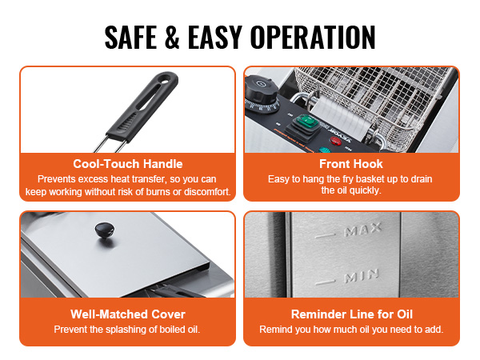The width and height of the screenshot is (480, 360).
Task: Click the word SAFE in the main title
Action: coord(131,37)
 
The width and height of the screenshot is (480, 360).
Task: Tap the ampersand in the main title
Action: coord(172,37)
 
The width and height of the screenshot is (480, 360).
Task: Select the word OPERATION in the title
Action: coord(313,37)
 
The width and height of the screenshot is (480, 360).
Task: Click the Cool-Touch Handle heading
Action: coord(128,164)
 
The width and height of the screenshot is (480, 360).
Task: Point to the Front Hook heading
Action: coord(351,164)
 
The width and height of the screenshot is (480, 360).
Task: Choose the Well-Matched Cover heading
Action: coord(128,314)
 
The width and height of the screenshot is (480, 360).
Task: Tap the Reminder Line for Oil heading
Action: coord(352,314)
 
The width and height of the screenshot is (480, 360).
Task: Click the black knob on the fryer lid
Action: coord(105,230)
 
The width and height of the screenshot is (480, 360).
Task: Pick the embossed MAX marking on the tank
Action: coord(362,230)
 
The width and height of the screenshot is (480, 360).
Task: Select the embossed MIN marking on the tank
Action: coord(362,276)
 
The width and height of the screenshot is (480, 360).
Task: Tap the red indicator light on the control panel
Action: coord(335,141)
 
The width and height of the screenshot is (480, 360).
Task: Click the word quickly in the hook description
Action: coord(366,190)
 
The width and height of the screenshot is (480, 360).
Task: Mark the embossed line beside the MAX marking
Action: coord(325,236)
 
